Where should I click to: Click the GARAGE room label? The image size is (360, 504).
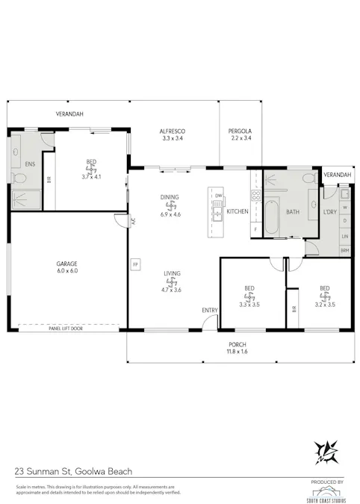tap(67, 264)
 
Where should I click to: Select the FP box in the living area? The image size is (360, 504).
tap(135, 264)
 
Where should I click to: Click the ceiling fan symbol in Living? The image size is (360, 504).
tap(172, 284)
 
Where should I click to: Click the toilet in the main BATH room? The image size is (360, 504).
tap(308, 178)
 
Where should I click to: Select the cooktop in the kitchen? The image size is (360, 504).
tap(255, 196)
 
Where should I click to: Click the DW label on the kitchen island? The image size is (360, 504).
tap(218, 196)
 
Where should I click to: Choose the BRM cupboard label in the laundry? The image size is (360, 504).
tap(344, 250)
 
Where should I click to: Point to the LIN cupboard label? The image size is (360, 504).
tap(344, 236)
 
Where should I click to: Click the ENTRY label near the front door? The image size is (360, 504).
tap(210, 310)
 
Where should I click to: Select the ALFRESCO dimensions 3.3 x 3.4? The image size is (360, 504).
tap(173, 138)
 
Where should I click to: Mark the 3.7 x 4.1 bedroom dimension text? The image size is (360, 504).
tap(90, 177)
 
